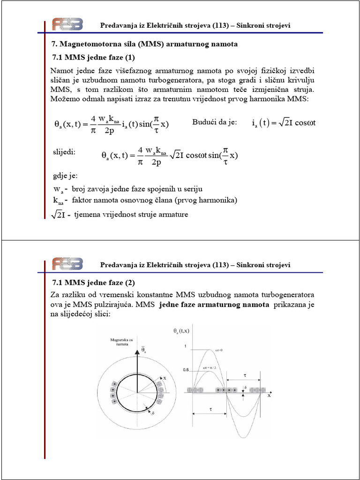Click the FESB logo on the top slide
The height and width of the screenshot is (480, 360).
click(x=67, y=24)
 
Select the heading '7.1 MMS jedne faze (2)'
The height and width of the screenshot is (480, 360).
click(x=93, y=283)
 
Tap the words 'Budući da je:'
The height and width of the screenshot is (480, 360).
click(x=215, y=122)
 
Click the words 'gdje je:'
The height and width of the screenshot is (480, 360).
click(x=65, y=177)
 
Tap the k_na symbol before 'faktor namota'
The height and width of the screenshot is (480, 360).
click(x=58, y=201)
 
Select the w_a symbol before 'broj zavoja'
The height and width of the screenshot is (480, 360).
click(x=58, y=189)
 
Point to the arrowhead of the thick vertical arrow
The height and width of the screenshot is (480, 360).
click(x=137, y=349)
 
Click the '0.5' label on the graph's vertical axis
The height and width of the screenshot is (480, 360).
click(x=186, y=370)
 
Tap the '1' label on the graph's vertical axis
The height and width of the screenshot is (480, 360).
click(x=185, y=346)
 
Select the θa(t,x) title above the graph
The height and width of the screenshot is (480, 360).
click(x=182, y=331)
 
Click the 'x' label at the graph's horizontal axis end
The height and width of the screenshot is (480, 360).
click(x=270, y=395)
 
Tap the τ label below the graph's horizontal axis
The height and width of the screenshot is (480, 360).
click(x=210, y=409)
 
